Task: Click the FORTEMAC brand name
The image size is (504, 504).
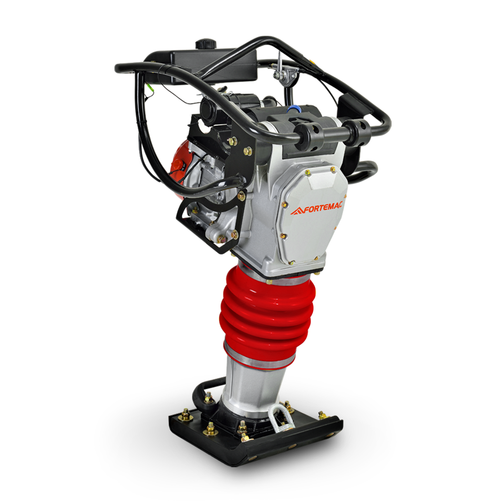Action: tap(323, 208)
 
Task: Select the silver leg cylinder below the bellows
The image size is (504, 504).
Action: tap(254, 386)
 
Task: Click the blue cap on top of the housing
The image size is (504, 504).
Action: tap(292, 109)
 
